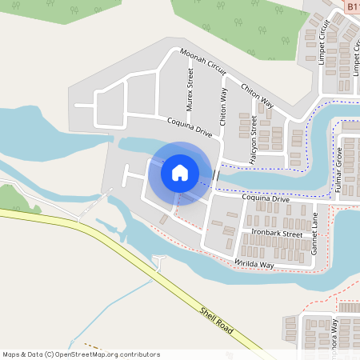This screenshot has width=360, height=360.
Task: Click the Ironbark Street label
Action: (277, 233)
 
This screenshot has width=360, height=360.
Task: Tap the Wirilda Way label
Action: (254, 263)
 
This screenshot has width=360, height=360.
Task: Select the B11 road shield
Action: (353, 5)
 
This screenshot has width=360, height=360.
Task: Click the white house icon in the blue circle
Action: (180, 173)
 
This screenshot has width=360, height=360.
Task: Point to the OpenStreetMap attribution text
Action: (81, 354)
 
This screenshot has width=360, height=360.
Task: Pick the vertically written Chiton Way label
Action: (223, 103)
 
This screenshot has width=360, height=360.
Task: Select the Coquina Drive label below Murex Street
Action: (190, 128)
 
